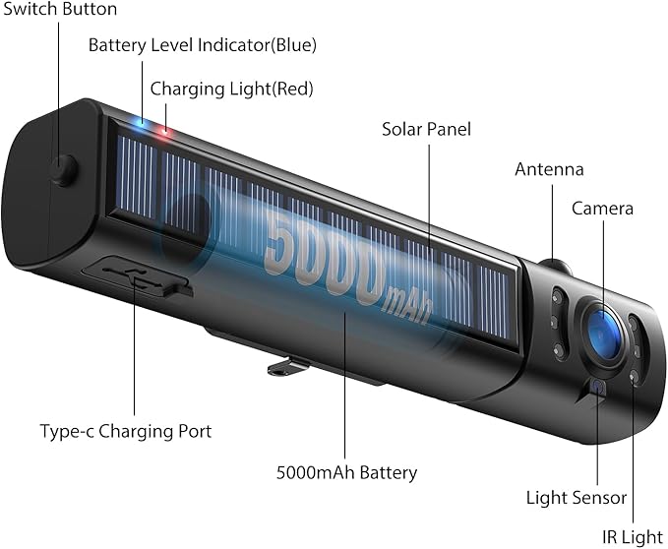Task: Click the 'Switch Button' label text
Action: [60, 10]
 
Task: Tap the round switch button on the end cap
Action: [64, 170]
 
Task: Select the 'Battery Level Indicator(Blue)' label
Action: [203, 45]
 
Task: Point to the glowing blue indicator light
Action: [140, 122]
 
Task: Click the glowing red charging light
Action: [165, 131]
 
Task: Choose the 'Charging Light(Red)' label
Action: [232, 89]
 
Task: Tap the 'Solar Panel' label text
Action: [426, 130]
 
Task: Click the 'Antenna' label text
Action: [549, 169]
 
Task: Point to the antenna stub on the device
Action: [555, 267]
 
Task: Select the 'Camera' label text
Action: [602, 209]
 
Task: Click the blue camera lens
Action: [603, 334]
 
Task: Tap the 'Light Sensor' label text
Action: [577, 498]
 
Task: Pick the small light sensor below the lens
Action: [598, 388]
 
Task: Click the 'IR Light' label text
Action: [633, 537]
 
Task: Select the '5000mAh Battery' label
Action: [346, 473]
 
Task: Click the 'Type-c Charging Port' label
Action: [126, 431]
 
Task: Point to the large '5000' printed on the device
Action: [325, 259]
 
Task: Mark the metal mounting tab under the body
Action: [288, 367]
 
